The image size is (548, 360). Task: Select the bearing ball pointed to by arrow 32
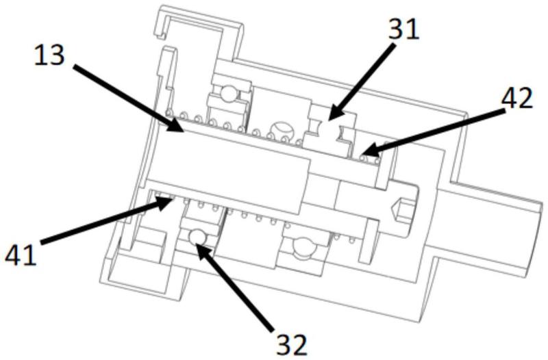point(197,236)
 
